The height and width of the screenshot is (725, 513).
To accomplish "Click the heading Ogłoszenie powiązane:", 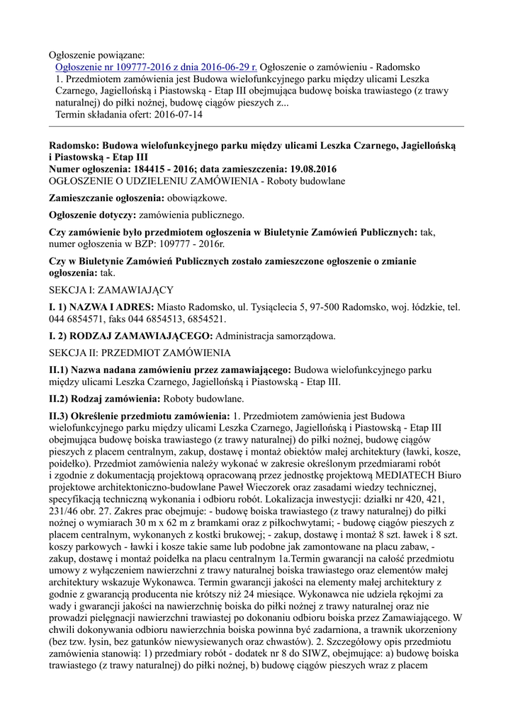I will (96, 55).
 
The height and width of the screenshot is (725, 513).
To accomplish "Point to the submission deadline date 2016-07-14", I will (177, 115).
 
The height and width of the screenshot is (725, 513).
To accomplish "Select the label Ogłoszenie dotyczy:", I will (92, 215).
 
